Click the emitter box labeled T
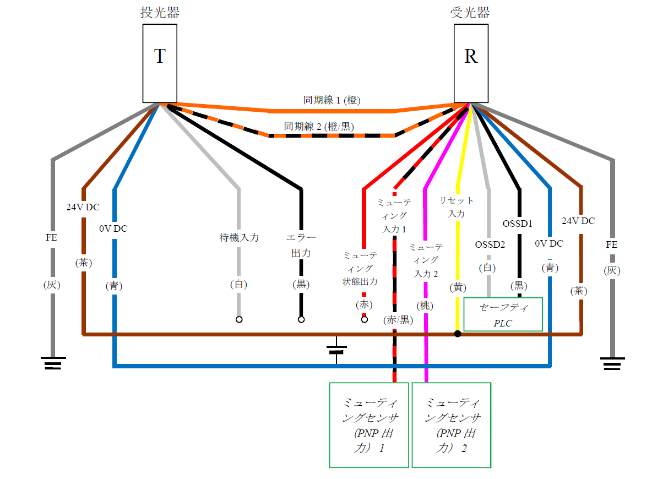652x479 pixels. point(160,63)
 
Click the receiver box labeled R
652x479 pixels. point(470,63)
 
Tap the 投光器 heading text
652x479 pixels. point(160,13)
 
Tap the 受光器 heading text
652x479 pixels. point(470,13)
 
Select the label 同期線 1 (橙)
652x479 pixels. point(332,100)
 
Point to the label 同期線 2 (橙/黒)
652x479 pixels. point(319,126)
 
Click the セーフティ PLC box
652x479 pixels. point(503,314)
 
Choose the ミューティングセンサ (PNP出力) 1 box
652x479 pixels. point(369,424)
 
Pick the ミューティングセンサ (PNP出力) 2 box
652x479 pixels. point(451,424)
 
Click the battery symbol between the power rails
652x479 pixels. point(336,349)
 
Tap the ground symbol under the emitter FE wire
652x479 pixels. point(53,363)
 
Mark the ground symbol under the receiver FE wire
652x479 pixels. point(612,363)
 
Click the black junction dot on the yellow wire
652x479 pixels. point(458,334)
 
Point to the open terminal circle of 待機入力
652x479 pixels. point(239,319)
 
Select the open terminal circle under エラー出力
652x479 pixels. point(301,319)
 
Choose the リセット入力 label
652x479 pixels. point(457,206)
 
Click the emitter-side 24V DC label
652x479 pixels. point(84,208)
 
